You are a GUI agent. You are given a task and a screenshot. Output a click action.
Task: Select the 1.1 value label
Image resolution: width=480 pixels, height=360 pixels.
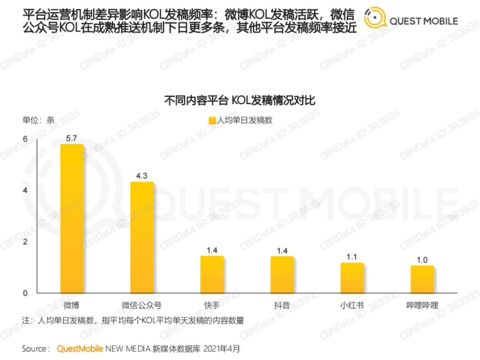click(x=352, y=257)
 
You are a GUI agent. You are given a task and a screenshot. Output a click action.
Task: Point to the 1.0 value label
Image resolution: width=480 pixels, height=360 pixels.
click(x=422, y=260)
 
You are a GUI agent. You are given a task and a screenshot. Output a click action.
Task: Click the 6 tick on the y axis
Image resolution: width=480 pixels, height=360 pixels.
click(x=25, y=139)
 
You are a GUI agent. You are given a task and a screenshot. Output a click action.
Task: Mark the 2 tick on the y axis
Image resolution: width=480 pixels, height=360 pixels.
click(x=25, y=242)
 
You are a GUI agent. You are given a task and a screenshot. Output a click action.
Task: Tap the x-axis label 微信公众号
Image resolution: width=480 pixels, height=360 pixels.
click(x=142, y=306)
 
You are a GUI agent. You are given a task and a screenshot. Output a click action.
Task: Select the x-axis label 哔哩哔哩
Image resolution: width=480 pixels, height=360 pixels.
click(x=422, y=306)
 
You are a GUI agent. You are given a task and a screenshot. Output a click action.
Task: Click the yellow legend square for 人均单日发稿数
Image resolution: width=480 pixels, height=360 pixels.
click(x=212, y=120)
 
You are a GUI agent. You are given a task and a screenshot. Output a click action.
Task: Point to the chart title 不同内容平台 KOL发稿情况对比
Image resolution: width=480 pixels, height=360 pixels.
click(x=240, y=100)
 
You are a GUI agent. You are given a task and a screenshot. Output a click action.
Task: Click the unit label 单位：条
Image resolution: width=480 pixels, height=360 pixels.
click(x=38, y=120)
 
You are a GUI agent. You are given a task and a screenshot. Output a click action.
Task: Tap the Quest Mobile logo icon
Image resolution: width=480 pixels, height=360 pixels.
click(x=375, y=19)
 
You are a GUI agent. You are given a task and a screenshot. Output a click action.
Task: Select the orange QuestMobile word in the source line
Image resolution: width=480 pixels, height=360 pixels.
click(x=80, y=348)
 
